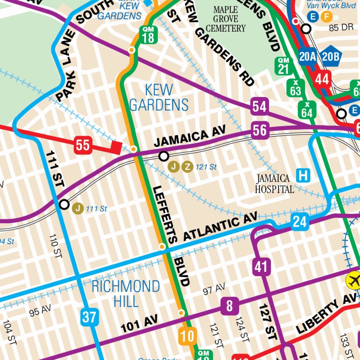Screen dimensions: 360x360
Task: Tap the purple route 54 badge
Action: click(260, 106)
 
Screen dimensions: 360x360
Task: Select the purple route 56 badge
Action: click(260, 130)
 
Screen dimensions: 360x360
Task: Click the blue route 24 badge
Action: click(300, 221)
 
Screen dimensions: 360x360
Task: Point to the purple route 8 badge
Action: click(230, 306)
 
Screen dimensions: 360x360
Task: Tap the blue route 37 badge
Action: click(89, 317)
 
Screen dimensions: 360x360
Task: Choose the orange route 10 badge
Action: click(187, 336)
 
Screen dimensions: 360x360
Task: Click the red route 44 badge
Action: click(322, 79)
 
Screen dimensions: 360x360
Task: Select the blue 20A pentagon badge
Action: click(308, 56)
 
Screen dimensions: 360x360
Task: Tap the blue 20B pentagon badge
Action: click(330, 56)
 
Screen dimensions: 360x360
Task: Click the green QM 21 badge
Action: click(283, 66)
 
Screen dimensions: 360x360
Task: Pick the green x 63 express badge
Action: click(296, 88)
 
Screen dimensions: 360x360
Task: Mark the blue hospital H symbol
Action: click(303, 175)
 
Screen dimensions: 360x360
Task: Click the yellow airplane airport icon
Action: click(353, 280)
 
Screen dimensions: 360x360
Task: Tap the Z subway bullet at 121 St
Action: click(188, 167)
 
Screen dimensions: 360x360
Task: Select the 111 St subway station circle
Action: click(64, 204)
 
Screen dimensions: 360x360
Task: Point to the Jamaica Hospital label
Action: click(274, 184)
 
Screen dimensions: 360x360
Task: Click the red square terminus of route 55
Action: click(116, 147)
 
